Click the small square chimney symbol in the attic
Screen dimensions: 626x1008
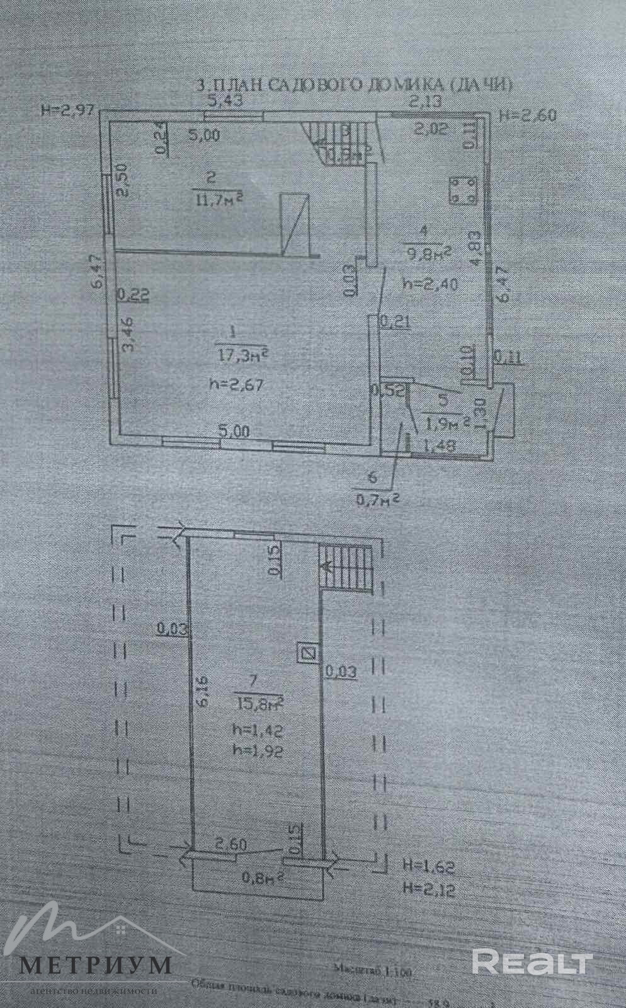[x=307, y=653]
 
